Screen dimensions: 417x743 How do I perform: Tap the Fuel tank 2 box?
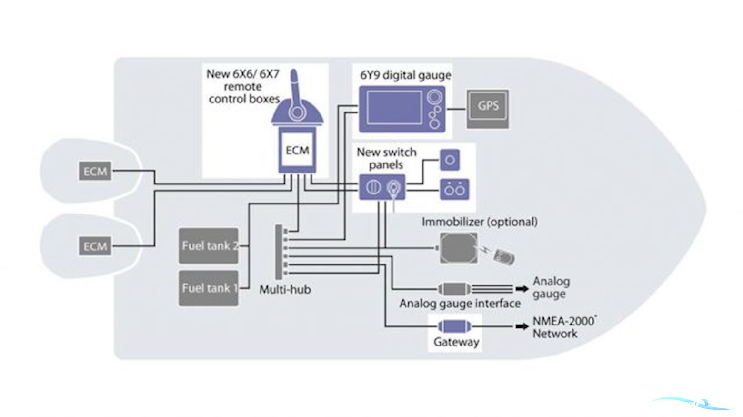(x=209, y=246)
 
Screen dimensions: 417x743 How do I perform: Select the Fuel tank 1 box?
(x=209, y=288)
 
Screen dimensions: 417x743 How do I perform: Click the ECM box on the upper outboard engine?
(x=95, y=171)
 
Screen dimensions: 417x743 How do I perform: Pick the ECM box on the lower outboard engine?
(x=95, y=246)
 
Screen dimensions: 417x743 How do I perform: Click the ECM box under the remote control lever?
(x=297, y=151)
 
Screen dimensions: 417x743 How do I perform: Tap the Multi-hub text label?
(x=285, y=289)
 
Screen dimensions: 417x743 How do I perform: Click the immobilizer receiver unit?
(x=458, y=248)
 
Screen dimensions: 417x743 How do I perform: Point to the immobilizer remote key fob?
(x=503, y=257)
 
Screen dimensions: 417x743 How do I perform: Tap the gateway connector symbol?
(x=454, y=326)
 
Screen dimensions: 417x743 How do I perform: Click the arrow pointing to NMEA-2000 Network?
(x=522, y=326)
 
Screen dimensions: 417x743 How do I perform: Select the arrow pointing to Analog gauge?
(x=522, y=289)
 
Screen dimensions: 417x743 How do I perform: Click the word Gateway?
(x=456, y=342)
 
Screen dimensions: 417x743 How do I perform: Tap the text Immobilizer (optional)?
(x=479, y=222)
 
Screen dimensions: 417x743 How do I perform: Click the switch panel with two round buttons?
(x=454, y=190)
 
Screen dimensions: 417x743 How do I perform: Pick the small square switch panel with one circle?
(x=450, y=160)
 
